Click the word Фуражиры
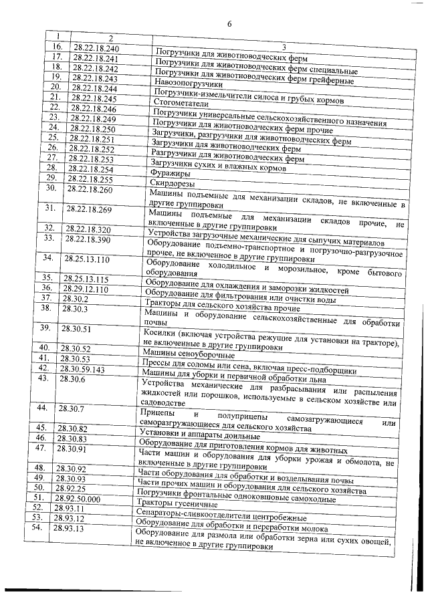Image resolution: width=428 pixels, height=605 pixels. pos(165,172)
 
